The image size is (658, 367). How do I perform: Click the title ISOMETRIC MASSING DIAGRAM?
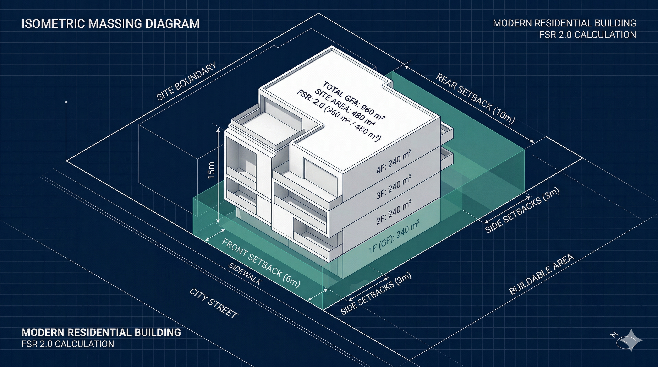[x=110, y=23]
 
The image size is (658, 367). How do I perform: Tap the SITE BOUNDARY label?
[x=186, y=81]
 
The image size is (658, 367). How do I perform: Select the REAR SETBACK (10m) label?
[x=475, y=98]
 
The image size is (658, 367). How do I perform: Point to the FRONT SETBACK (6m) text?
[x=261, y=263]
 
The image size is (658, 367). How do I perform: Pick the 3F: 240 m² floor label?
[x=394, y=187]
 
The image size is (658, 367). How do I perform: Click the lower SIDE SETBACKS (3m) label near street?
[x=376, y=293]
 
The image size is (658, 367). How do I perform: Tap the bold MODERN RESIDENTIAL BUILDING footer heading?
[x=101, y=332]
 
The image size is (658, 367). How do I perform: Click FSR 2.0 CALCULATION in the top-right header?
[x=587, y=34]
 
